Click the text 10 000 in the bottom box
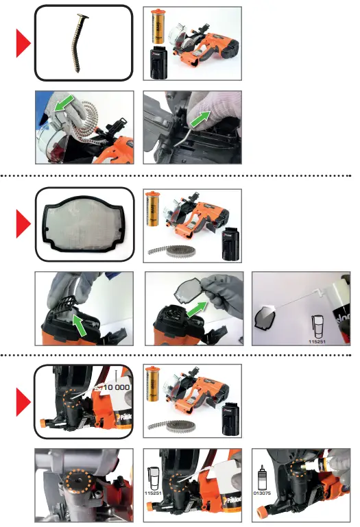pos(115,389)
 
